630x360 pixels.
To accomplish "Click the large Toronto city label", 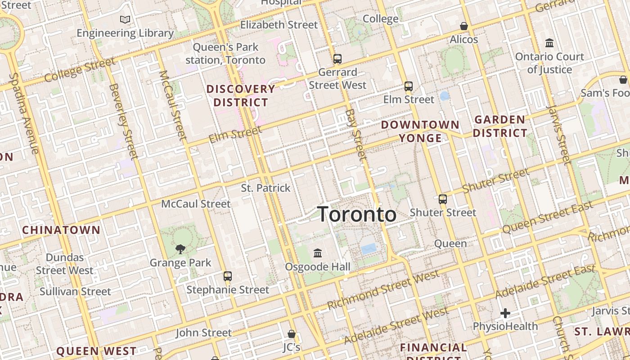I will click(x=357, y=214).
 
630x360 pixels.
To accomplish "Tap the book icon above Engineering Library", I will click(x=125, y=20).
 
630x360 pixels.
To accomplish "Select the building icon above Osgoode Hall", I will click(x=318, y=253).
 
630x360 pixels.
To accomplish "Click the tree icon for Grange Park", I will click(x=180, y=249).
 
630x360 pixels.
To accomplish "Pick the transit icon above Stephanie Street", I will click(x=228, y=276).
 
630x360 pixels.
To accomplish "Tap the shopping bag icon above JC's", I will click(x=292, y=334).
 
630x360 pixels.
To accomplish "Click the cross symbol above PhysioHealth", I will click(x=505, y=313).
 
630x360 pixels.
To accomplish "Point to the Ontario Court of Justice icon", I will click(x=549, y=43).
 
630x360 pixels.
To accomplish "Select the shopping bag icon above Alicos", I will click(x=464, y=26).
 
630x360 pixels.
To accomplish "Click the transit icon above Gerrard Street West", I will click(x=337, y=59).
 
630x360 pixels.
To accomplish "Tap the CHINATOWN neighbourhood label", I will click(x=61, y=230).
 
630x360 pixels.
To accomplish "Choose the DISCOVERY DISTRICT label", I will click(x=241, y=95).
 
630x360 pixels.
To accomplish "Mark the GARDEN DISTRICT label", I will click(x=500, y=126).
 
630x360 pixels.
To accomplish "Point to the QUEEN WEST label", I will click(x=96, y=351).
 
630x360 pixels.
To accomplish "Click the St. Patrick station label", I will click(x=266, y=188).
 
